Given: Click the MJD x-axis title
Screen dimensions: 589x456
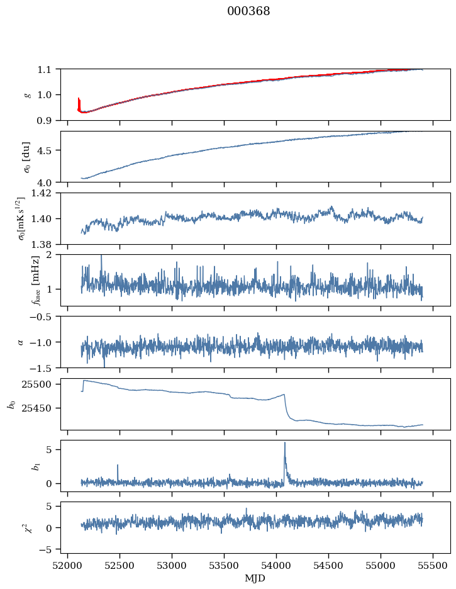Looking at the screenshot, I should (255, 578).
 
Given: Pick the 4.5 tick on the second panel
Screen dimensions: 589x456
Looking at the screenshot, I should (48, 150).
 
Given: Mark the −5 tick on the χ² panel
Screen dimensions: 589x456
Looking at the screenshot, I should (49, 549).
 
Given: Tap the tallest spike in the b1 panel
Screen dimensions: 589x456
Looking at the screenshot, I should (285, 443).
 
